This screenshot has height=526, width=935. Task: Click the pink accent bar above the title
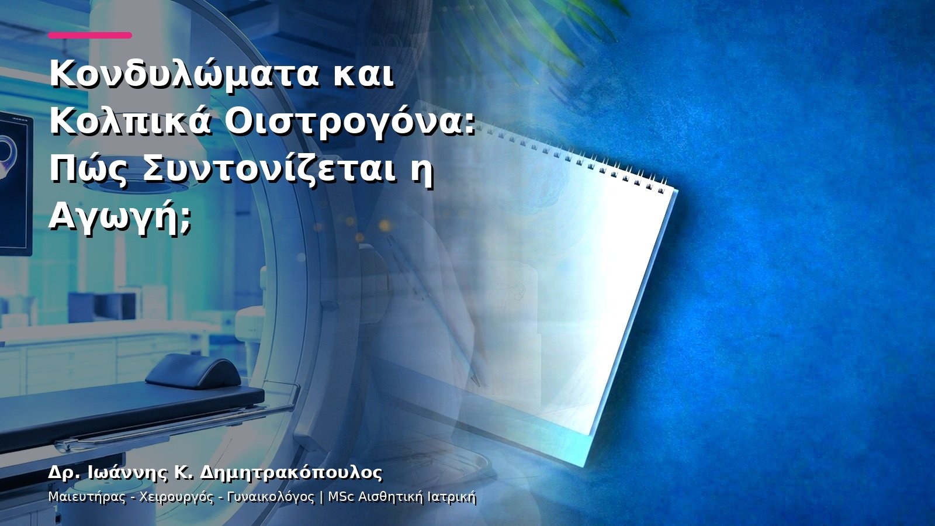90,36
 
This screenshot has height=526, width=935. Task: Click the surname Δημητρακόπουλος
292,473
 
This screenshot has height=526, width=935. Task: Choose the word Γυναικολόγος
271,497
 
